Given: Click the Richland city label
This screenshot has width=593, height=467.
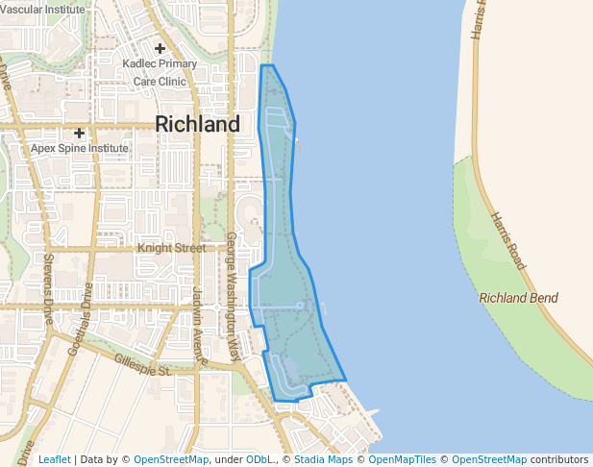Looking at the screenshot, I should [197, 125].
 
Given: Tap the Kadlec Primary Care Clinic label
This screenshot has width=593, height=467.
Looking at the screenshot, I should [160, 73].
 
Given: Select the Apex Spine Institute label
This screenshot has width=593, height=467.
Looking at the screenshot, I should [79, 149].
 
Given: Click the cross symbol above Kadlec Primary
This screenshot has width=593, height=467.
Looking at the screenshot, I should [160, 48].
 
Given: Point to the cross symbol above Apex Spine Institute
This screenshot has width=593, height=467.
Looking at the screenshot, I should [79, 133].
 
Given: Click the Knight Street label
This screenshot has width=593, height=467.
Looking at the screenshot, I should [171, 248].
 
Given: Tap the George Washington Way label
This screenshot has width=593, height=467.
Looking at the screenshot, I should [232, 294].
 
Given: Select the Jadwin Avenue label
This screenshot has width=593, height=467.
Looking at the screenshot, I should [199, 326].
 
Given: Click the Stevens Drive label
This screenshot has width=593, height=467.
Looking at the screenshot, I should [47, 288].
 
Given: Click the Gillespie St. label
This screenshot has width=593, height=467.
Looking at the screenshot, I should [141, 364].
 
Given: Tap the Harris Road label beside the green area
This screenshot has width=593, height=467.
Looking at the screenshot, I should [506, 239].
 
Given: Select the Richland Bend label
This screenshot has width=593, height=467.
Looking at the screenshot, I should [518, 298].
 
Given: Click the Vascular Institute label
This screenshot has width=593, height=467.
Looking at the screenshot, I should [42, 8].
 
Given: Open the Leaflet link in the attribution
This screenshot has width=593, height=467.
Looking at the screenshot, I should [55, 459].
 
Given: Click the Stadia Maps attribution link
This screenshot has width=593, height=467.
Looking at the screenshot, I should [323, 459].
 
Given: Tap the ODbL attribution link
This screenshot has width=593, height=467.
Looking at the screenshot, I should [259, 459].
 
